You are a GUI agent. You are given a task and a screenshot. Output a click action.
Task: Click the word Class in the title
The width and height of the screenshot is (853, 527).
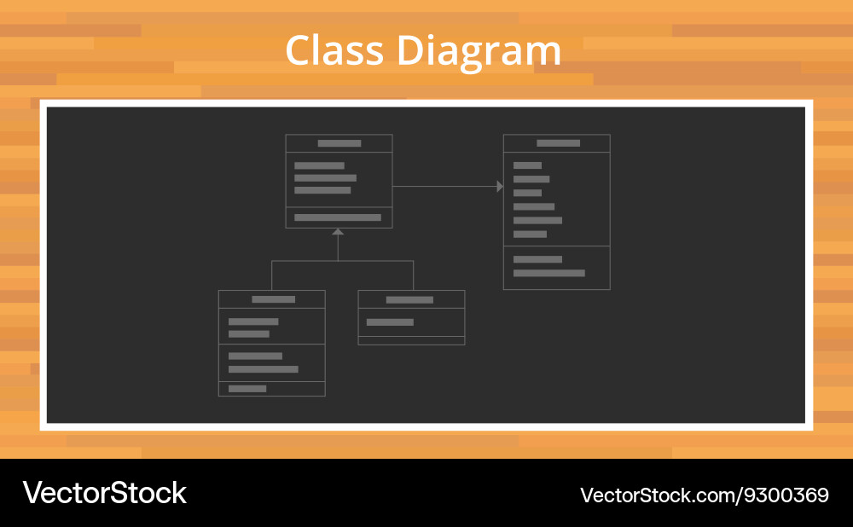click(334, 50)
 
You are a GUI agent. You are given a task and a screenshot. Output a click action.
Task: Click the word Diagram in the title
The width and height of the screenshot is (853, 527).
click(479, 52)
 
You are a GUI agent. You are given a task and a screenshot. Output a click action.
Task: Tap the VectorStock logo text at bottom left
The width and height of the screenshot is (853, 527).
click(104, 493)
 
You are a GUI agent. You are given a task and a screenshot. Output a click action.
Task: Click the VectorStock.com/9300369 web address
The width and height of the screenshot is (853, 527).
click(705, 495)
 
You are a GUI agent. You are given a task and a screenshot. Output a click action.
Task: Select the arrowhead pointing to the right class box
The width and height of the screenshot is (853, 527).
click(500, 187)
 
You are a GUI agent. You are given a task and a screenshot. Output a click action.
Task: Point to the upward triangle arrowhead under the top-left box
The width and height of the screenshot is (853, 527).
click(338, 232)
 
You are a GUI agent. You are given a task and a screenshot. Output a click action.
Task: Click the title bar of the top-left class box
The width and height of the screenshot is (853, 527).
click(339, 143)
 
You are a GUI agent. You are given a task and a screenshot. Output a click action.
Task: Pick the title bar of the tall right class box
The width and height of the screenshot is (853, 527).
click(556, 143)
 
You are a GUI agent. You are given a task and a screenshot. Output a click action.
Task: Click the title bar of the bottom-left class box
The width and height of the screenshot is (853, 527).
click(272, 299)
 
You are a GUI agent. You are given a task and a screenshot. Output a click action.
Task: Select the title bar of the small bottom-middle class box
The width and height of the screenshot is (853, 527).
click(411, 299)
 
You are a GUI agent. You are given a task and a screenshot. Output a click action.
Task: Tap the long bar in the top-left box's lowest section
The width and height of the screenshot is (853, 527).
click(338, 217)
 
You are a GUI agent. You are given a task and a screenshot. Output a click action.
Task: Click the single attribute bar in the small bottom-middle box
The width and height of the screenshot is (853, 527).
click(390, 322)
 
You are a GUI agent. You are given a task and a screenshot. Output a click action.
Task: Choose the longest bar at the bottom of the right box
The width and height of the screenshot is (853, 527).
click(548, 273)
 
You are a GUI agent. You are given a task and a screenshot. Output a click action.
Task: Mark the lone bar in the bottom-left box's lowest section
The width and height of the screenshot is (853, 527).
click(247, 388)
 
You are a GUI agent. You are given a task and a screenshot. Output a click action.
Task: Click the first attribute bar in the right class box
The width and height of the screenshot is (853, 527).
click(527, 165)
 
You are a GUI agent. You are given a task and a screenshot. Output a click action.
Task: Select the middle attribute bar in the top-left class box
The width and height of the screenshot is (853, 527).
click(325, 178)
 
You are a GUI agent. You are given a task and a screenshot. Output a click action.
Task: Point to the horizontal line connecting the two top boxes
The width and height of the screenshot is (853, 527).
click(444, 187)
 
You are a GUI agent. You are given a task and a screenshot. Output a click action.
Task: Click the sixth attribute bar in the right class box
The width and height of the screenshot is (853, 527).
click(530, 235)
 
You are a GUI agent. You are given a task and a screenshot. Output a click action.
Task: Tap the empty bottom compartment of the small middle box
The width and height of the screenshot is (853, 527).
click(411, 340)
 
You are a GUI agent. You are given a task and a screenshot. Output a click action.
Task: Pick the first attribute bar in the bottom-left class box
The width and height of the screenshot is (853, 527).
click(253, 321)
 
